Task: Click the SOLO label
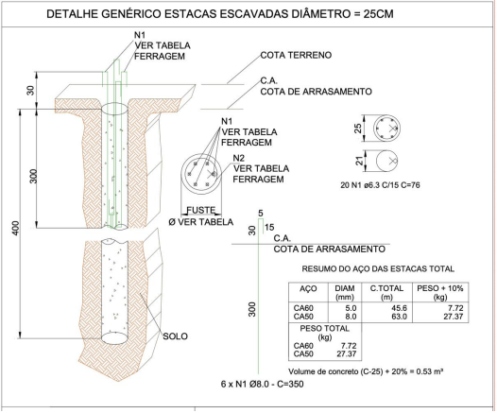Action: coord(175,336)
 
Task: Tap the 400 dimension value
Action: coord(15,228)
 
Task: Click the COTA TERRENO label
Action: coord(296,55)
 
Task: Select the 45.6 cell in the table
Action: coord(400,308)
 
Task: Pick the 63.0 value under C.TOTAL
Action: coord(400,317)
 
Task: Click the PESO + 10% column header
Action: coord(440,292)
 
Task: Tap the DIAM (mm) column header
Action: coord(345,292)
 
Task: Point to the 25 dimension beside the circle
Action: coord(357,129)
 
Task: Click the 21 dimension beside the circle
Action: coord(359,161)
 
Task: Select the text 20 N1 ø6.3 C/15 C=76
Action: coord(380,185)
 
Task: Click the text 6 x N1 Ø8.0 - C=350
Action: coord(262,384)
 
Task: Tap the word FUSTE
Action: coord(201,210)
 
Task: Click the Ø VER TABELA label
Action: coord(201,222)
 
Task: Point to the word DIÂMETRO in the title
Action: coord(320,14)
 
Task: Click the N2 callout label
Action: coord(239,158)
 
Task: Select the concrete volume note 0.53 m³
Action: coord(366,371)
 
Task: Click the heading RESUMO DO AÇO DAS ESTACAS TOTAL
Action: coord(378,269)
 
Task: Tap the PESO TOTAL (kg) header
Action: coord(325,333)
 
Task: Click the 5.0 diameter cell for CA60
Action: coord(350,308)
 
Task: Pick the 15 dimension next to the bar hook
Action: coord(269,227)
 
